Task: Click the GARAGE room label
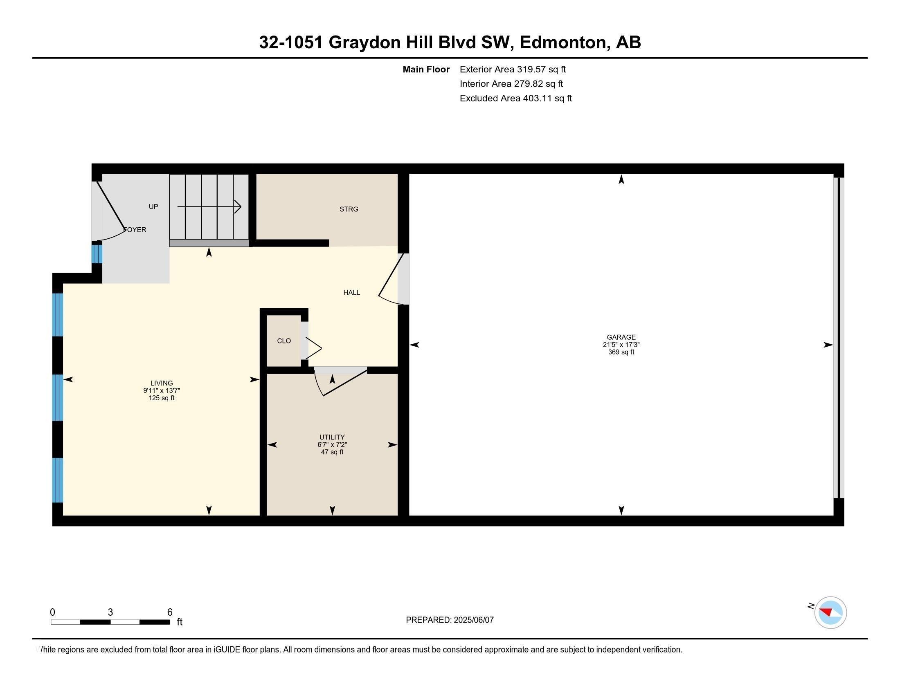[621, 337]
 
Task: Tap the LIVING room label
[162, 383]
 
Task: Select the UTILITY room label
[332, 437]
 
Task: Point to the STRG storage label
[349, 209]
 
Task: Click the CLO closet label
[284, 341]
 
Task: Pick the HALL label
[352, 292]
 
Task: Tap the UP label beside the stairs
[153, 207]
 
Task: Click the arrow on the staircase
[209, 206]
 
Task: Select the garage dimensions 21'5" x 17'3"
[621, 345]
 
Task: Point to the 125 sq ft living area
[162, 398]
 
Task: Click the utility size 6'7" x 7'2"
[332, 445]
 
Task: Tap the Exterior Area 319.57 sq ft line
[513, 69]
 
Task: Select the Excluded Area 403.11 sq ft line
[516, 99]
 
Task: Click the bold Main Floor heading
[426, 69]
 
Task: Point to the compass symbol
[830, 612]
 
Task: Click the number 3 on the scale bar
[110, 612]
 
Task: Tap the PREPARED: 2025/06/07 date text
[450, 620]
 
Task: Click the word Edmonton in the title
[565, 43]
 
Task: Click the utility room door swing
[340, 381]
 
